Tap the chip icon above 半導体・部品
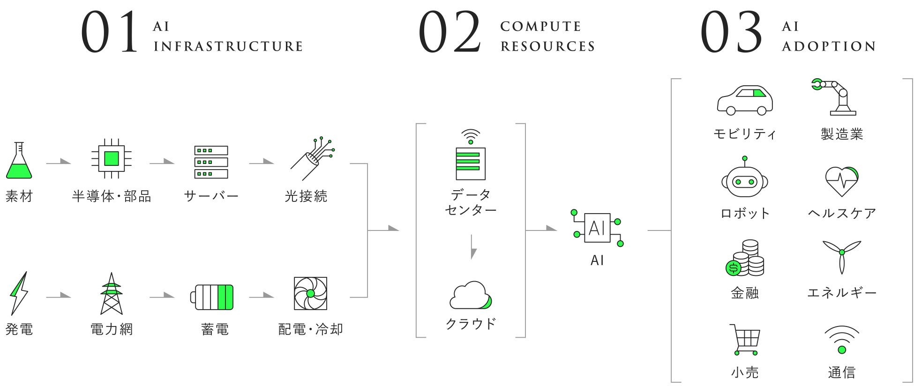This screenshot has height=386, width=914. tap(111, 158)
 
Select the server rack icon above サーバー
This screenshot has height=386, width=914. tap(211, 162)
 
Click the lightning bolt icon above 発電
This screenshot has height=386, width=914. tap(19, 293)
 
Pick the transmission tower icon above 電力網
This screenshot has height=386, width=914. tap(111, 294)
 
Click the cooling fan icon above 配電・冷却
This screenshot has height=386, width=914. tap(310, 294)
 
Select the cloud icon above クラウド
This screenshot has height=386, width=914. tap(471, 296)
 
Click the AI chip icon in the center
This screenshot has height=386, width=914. tap(597, 228)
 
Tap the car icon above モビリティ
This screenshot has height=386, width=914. tap(744, 100)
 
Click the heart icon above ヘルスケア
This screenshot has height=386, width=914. tap(842, 181)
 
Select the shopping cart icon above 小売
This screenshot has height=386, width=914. tap(745, 340)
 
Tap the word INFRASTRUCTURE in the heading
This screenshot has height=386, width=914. tap(228, 46)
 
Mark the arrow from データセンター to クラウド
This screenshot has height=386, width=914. tap(473, 247)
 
